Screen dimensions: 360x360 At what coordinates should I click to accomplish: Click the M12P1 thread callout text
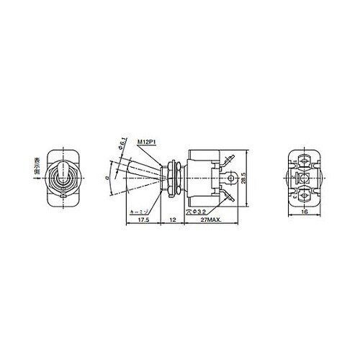148,144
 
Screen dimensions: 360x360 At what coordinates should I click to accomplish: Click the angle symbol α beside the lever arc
106,174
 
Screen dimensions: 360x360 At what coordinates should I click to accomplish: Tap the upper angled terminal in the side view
229,161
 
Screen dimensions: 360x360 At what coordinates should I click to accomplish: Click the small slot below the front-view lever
62,194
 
